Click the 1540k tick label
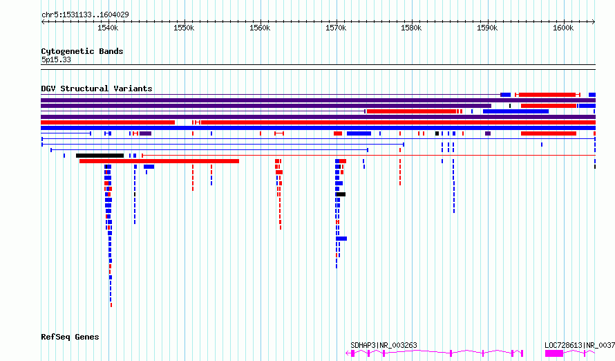(108, 28)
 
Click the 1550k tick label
(184, 28)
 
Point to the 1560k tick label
(260, 28)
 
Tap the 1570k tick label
(336, 28)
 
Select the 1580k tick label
(411, 28)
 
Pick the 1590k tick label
(488, 28)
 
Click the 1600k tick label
(563, 28)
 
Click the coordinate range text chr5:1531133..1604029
(85, 15)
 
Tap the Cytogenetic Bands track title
(82, 51)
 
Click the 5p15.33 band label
(56, 59)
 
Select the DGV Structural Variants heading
(97, 89)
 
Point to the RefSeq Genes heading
(70, 337)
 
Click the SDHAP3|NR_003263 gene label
(384, 345)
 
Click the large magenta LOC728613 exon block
(554, 353)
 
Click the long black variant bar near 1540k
(100, 156)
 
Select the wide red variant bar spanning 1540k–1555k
(159, 161)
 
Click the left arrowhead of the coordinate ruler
(43, 22)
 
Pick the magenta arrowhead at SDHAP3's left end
(347, 353)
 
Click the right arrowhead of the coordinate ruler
(594, 22)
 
